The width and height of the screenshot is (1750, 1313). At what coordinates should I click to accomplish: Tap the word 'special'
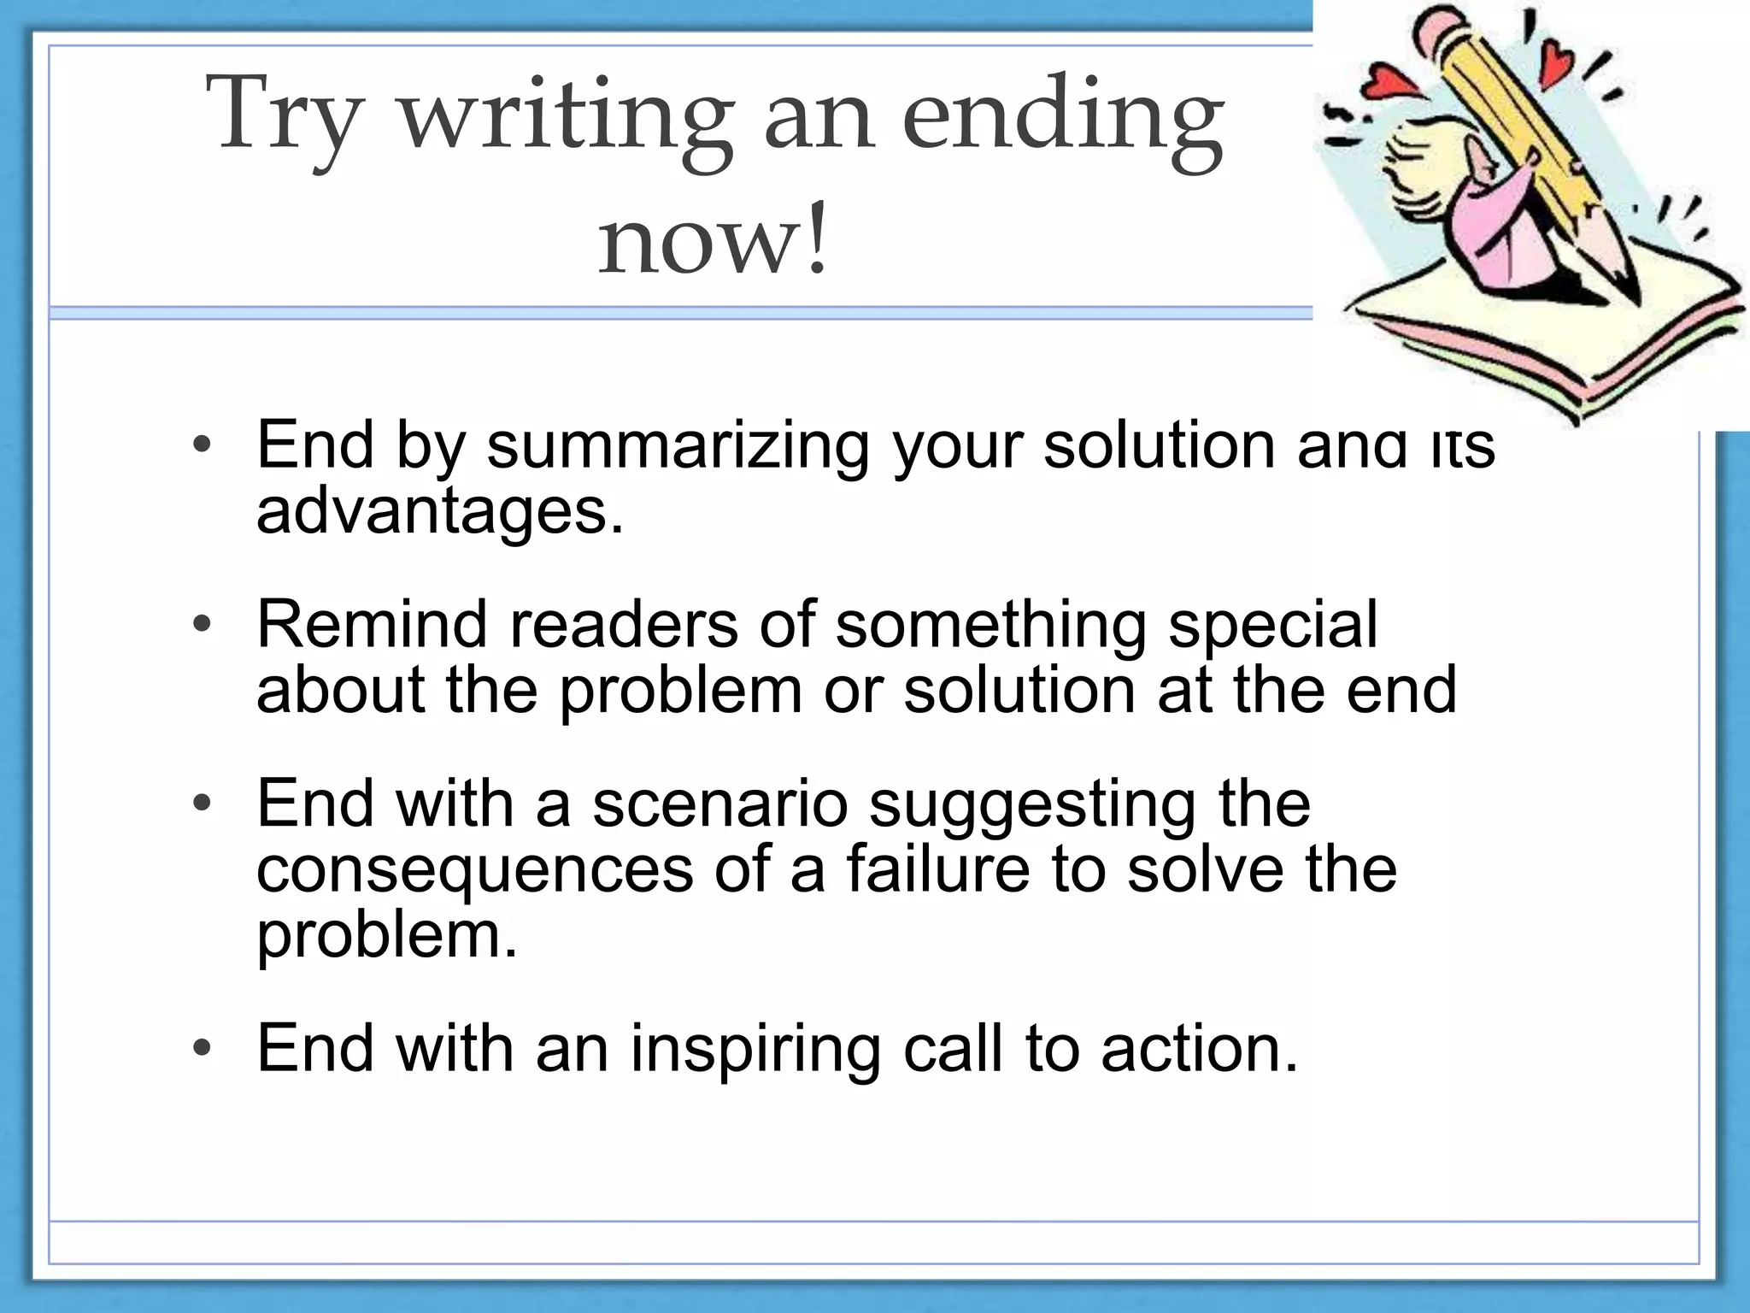(1273, 626)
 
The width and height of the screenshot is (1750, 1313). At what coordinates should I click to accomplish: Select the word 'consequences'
(475, 870)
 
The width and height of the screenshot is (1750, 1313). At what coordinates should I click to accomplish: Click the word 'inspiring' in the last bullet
(755, 1050)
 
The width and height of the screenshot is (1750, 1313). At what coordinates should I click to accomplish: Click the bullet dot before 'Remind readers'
(201, 625)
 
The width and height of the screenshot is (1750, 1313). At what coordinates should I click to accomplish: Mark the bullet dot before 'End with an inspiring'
(201, 1049)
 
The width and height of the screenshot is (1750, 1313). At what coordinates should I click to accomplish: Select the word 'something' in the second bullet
(991, 626)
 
